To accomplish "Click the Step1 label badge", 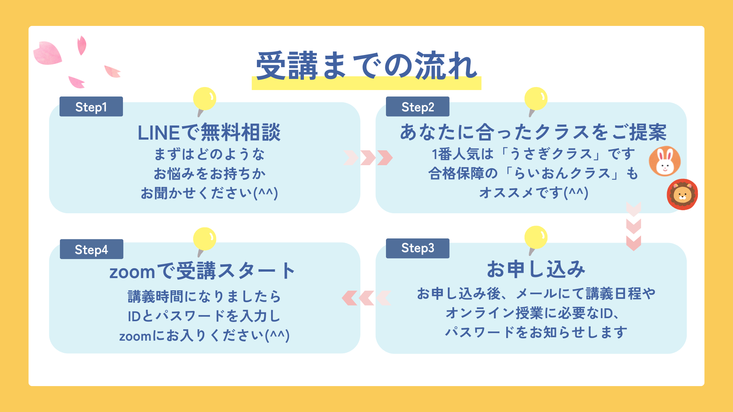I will click(91, 107).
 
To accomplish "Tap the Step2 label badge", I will click(417, 107).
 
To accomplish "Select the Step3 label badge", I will click(417, 248).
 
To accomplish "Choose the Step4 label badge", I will click(91, 249).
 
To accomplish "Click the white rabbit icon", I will click(665, 161).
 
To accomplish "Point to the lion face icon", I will click(682, 195).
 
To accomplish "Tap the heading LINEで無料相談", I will click(209, 132).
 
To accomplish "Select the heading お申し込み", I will click(536, 269).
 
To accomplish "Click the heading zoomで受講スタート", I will click(202, 271).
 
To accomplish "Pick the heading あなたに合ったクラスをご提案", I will click(533, 132).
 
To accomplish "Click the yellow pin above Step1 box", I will click(205, 99).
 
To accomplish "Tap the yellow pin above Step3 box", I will click(536, 238).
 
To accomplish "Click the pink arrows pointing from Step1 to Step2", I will click(368, 158).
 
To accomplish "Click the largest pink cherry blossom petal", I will click(48, 53).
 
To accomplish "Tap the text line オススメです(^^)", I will click(533, 193).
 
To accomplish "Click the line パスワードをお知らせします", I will click(536, 332).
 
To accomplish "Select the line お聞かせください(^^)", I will click(209, 193).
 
